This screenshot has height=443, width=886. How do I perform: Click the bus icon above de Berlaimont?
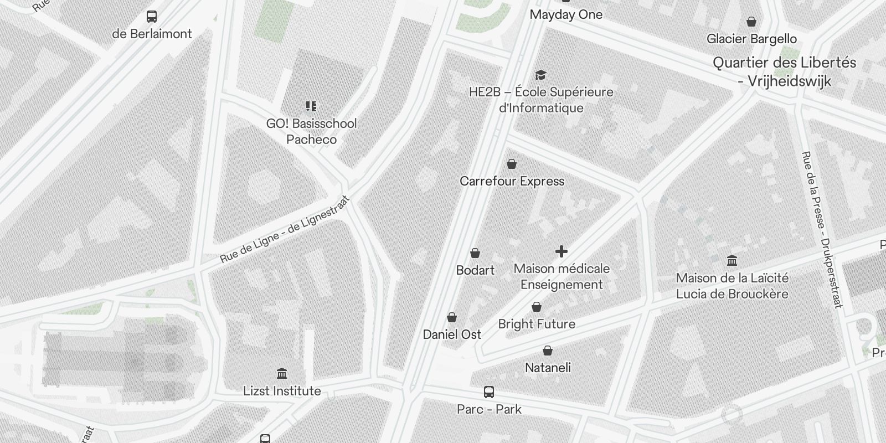click(x=152, y=17)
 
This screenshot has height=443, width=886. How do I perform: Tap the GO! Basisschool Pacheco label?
click(x=311, y=131)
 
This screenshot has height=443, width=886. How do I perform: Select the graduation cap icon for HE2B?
click(x=540, y=75)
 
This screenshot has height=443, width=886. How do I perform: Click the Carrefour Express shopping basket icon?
click(x=512, y=164)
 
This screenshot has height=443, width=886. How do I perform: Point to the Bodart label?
click(x=475, y=270)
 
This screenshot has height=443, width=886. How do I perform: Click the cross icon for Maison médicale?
click(x=562, y=251)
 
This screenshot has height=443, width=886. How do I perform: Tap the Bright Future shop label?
click(x=537, y=324)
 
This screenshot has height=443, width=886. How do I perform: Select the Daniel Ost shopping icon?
click(x=452, y=317)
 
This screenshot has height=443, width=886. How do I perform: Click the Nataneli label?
click(x=548, y=368)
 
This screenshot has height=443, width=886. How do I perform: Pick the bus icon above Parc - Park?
click(x=489, y=392)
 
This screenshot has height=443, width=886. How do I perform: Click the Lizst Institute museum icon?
click(x=282, y=373)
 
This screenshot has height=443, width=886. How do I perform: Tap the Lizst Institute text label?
click(x=282, y=391)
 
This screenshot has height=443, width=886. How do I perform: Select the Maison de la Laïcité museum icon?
click(x=732, y=260)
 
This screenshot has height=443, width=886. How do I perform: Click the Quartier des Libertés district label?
click(x=784, y=71)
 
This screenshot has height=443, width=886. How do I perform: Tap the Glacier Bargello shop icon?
click(x=751, y=22)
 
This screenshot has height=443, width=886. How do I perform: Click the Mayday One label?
click(x=566, y=14)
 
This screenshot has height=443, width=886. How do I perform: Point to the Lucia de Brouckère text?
click(x=732, y=294)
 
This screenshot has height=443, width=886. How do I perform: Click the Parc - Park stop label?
click(x=489, y=409)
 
